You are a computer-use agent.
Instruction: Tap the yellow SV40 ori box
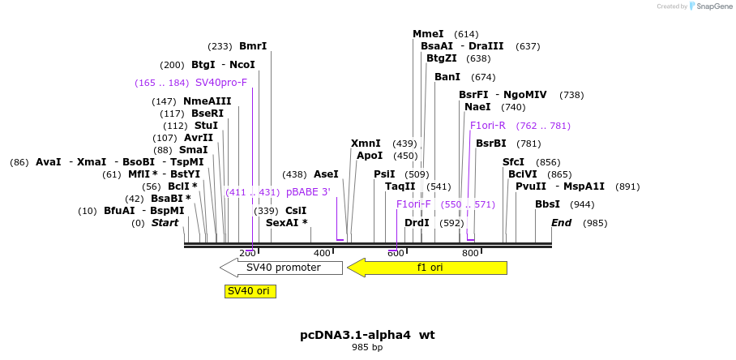click(x=249, y=291)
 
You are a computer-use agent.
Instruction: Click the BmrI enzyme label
click(x=253, y=46)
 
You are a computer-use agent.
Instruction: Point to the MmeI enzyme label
click(x=428, y=34)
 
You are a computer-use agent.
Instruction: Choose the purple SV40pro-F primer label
click(x=221, y=83)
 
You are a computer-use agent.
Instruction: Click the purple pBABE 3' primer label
click(x=308, y=192)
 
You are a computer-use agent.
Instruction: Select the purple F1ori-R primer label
click(x=488, y=126)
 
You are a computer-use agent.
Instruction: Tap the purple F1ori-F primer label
click(x=413, y=204)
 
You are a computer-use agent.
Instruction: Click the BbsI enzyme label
click(x=547, y=204)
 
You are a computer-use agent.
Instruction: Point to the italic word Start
click(x=165, y=223)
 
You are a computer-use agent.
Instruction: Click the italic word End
click(x=562, y=223)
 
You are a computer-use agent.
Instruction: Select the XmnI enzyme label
click(x=366, y=144)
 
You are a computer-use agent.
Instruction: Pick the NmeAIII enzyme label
click(x=207, y=101)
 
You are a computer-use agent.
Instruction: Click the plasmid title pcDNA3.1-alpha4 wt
click(x=367, y=334)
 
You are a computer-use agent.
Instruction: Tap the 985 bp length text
click(x=367, y=347)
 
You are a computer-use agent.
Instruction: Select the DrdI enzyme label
click(x=417, y=223)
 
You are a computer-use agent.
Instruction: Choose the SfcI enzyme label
click(x=513, y=162)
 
